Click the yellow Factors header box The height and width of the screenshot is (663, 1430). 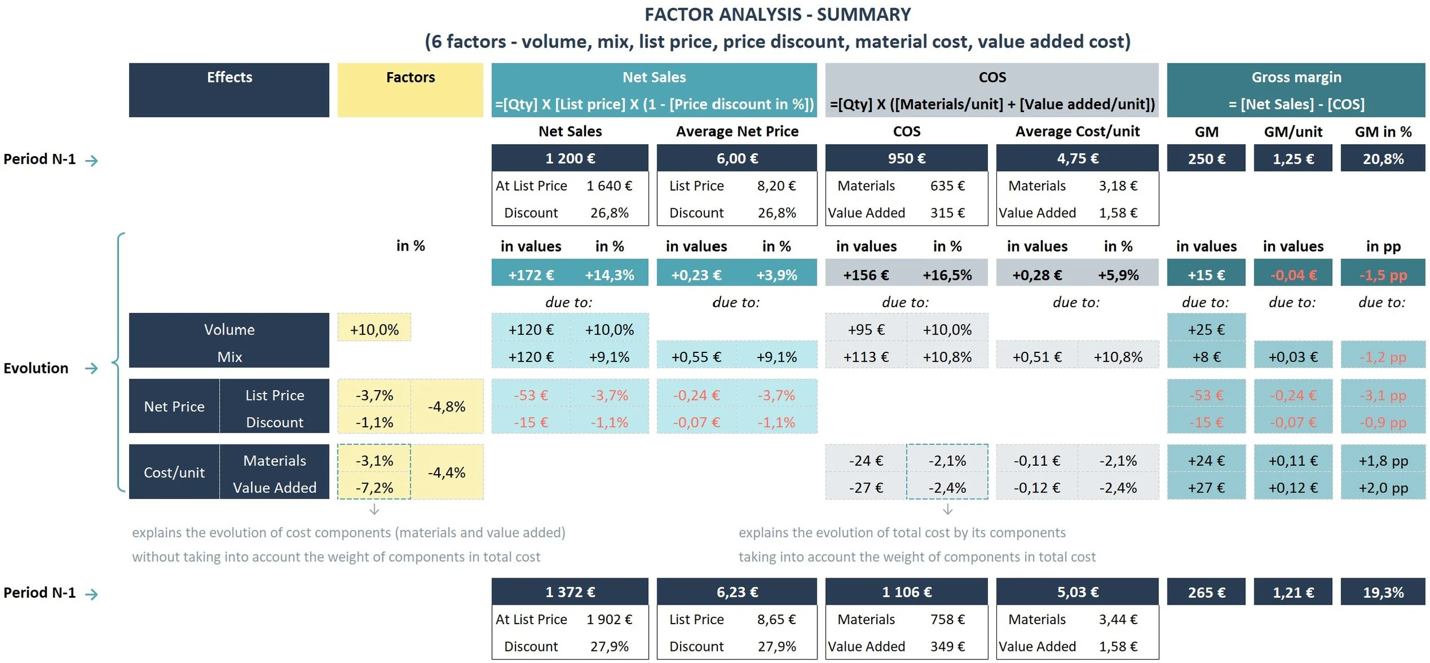(410, 90)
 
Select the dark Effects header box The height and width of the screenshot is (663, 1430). (229, 90)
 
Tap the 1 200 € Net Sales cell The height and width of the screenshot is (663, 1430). (570, 158)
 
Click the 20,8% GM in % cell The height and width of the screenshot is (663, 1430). (1383, 158)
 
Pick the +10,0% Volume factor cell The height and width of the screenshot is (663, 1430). (374, 329)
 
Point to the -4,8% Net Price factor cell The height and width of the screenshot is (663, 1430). (447, 407)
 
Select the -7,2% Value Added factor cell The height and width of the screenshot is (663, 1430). (374, 487)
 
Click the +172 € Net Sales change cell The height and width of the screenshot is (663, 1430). (531, 275)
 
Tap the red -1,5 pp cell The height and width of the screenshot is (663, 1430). (1383, 275)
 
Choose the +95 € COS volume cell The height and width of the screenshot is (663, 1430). (866, 329)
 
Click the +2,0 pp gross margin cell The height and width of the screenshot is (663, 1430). (1383, 487)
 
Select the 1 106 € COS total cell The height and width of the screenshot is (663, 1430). (906, 592)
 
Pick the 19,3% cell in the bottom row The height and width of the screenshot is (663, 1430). (1383, 592)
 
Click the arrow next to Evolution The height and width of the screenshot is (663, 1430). (92, 368)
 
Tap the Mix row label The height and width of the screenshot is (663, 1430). (229, 356)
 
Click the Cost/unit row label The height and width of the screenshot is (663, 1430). (174, 473)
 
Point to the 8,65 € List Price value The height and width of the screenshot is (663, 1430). (776, 619)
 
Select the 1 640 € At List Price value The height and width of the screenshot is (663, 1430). (609, 185)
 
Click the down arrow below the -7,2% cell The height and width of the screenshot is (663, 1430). (374, 509)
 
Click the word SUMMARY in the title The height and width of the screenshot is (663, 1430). (863, 14)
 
